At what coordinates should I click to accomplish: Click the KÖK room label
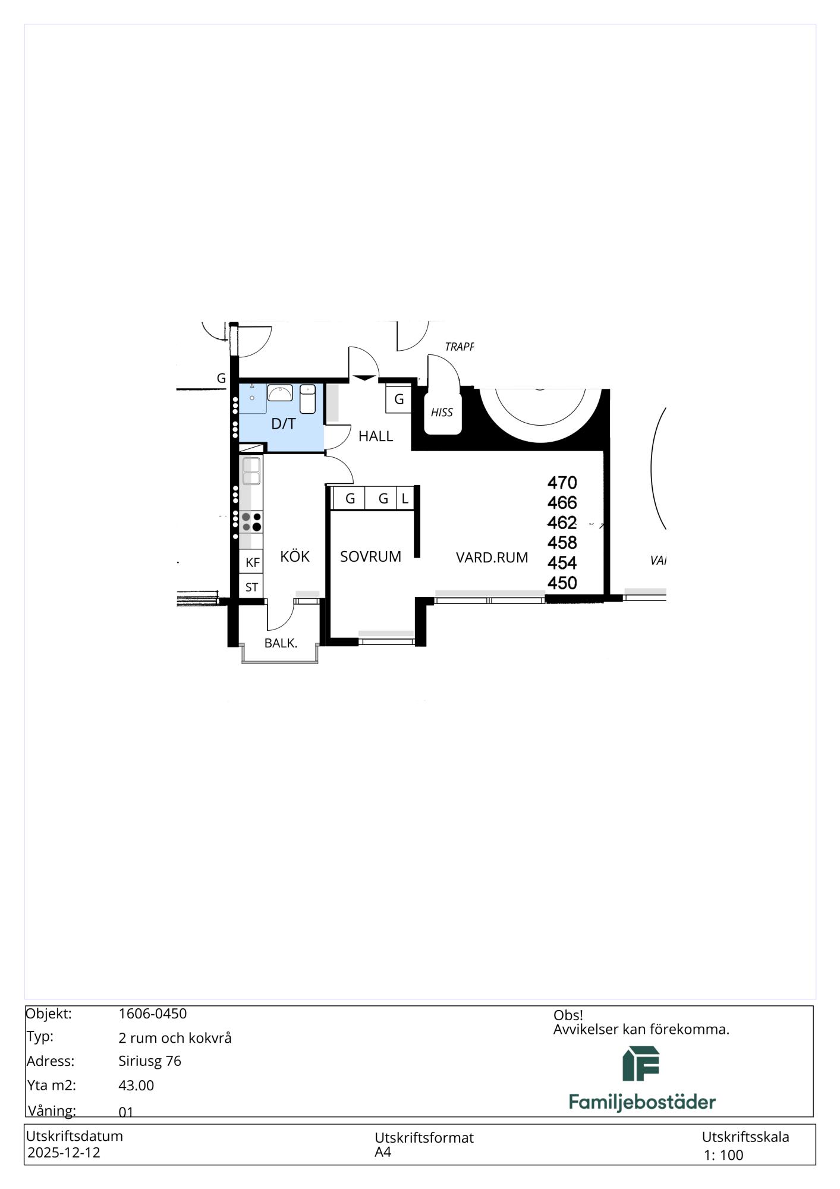[x=295, y=556]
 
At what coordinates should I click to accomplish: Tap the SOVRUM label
[x=370, y=556]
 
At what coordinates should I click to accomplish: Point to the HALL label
[x=376, y=436]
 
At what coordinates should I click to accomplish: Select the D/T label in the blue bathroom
[x=284, y=424]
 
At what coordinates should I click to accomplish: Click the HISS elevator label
[x=442, y=412]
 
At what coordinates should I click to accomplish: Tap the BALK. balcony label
[x=281, y=643]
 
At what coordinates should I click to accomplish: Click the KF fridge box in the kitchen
[x=252, y=562]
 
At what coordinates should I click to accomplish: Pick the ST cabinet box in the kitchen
[x=252, y=587]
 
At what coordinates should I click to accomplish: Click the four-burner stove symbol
[x=251, y=522]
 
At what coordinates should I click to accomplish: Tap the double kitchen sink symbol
[x=251, y=471]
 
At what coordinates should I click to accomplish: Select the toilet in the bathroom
[x=307, y=399]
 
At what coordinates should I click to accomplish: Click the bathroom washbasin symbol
[x=279, y=393]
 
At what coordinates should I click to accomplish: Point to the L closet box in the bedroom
[x=405, y=498]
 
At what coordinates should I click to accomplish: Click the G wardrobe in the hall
[x=399, y=399]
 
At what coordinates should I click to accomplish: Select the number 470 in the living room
[x=562, y=483]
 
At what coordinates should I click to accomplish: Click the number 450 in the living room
[x=562, y=583]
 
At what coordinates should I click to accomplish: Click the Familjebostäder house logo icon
[x=641, y=1064]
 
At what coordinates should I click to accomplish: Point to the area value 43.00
[x=136, y=1086]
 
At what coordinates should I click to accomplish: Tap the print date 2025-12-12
[x=64, y=1152]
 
